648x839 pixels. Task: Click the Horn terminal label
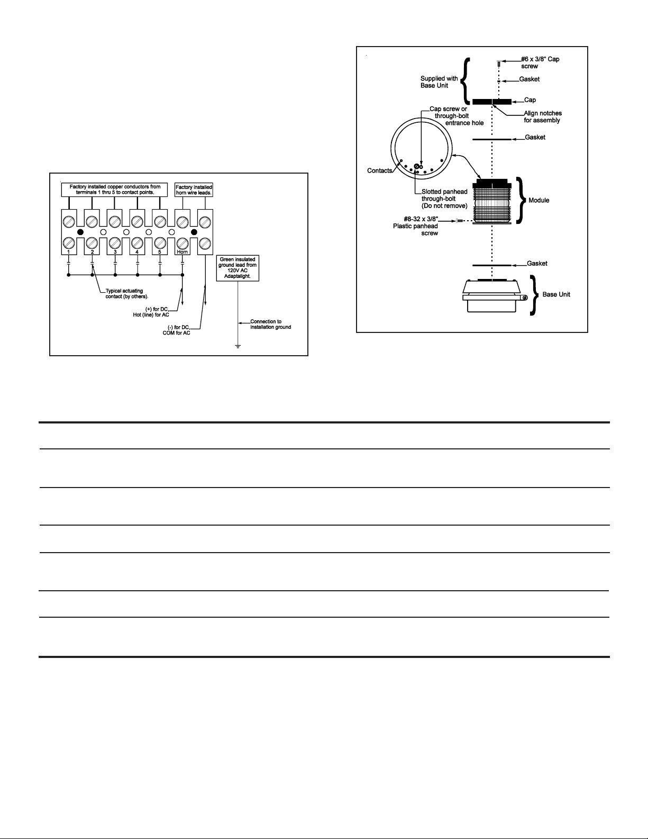pos(182,252)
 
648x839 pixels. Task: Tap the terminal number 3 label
pos(115,252)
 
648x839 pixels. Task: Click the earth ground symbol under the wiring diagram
pos(238,347)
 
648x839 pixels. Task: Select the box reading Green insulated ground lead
pos(238,269)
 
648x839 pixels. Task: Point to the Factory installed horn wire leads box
pos(194,190)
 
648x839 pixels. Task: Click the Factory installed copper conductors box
pos(115,190)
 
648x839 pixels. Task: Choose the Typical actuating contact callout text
pos(127,293)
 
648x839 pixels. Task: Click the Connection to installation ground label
pos(270,324)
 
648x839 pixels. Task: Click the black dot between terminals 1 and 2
pos(80,232)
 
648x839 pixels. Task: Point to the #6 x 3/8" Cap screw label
pos(540,62)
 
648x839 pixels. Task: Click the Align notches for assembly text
pos(543,116)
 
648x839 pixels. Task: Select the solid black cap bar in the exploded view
pos(491,101)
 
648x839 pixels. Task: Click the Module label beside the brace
pos(539,200)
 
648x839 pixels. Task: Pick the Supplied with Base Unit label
pos(439,82)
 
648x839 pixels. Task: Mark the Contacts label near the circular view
pos(379,170)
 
